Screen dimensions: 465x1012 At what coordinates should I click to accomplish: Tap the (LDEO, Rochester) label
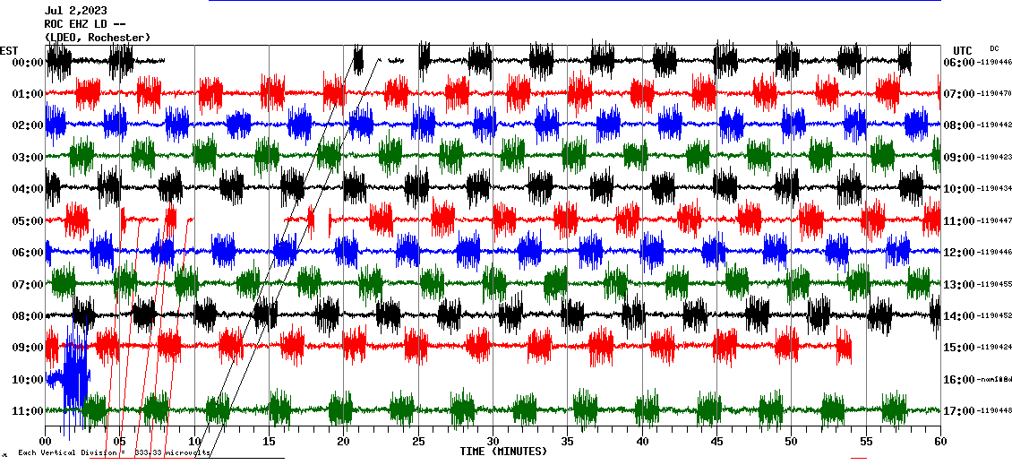coord(97,37)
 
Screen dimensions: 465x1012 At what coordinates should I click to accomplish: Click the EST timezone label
coord(9,50)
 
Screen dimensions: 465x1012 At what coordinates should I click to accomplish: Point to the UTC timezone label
coord(963,50)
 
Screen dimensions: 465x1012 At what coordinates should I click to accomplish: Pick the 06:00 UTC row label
coord(959,62)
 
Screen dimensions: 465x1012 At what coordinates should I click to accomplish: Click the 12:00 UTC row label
coord(959,253)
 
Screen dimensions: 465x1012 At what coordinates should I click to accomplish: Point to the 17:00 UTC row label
coord(959,411)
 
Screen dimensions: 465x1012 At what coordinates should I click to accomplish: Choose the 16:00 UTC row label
coord(959,380)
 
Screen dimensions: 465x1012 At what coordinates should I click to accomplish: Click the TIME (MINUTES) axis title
coord(503,452)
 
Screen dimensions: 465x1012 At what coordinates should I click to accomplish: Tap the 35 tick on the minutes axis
coord(568,441)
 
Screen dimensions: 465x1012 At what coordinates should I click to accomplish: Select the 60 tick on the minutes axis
coord(939,441)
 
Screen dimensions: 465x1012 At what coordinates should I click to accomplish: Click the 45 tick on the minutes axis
coord(716,441)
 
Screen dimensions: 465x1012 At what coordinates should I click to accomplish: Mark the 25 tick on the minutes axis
coord(418,441)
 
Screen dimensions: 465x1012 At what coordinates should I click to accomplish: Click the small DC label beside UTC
coord(994,48)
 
